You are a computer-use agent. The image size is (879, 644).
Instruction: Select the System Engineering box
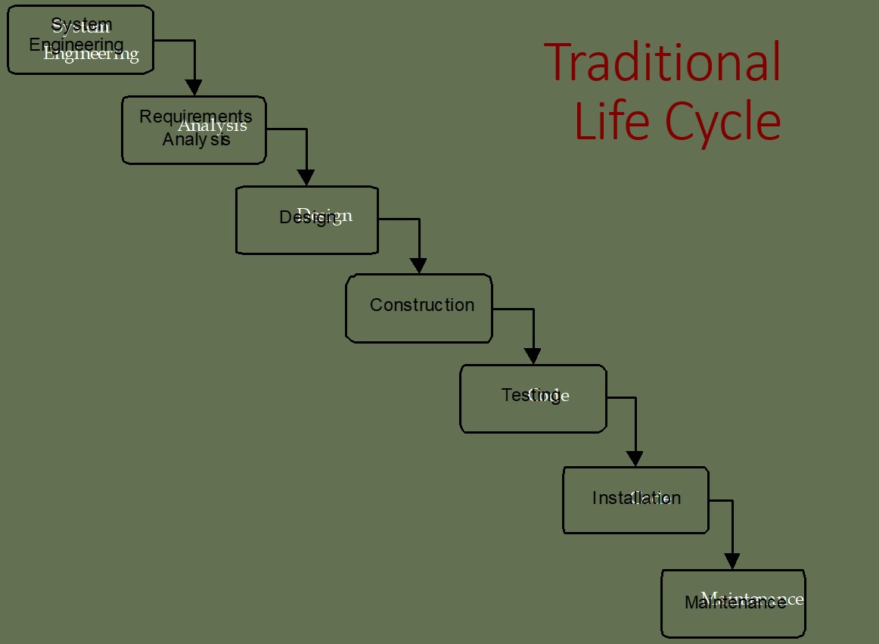tap(80, 40)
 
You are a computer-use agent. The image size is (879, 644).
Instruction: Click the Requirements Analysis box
tap(194, 129)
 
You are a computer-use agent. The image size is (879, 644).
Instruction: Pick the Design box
tap(306, 220)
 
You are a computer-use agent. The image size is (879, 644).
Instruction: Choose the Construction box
tap(419, 308)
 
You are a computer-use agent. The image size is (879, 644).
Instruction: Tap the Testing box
tap(533, 399)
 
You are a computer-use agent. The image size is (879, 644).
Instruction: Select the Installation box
tap(635, 500)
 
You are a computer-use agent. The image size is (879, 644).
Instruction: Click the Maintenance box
tap(733, 603)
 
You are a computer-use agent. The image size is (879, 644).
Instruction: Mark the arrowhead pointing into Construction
tap(418, 266)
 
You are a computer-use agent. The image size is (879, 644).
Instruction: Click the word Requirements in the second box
tap(195, 117)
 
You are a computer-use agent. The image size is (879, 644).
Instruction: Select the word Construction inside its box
tap(422, 305)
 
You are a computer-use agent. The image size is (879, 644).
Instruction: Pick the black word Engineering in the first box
tap(76, 45)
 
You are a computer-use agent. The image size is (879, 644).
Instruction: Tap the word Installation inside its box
tap(636, 498)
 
